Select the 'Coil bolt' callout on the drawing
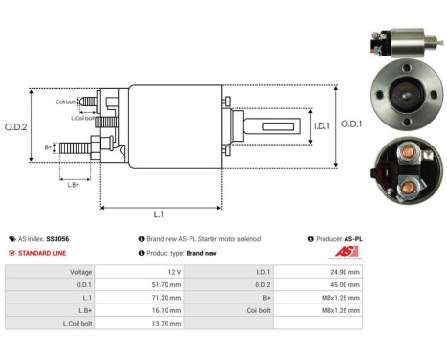66,101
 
